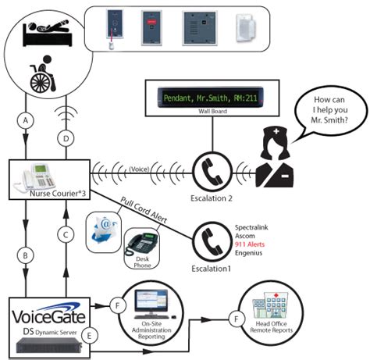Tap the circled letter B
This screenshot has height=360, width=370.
[28, 254]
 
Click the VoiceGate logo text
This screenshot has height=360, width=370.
[52, 316]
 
